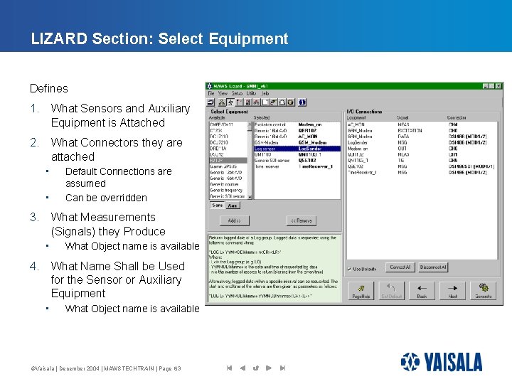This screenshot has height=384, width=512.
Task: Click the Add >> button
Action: (x=234, y=220)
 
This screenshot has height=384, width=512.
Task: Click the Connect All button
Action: (x=400, y=267)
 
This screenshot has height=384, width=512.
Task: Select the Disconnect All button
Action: (x=432, y=267)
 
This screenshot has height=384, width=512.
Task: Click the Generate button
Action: (x=483, y=291)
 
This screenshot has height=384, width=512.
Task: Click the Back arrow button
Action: (x=422, y=291)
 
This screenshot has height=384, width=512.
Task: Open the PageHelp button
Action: (x=361, y=291)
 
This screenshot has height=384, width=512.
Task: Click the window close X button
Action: (x=498, y=86)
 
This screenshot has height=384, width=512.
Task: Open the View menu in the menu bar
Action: (x=223, y=93)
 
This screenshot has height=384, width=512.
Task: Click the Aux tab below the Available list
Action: (x=233, y=205)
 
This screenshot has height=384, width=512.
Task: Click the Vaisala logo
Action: (x=441, y=362)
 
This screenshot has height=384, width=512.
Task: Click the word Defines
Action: (x=49, y=89)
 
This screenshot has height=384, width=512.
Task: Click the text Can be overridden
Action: (x=106, y=198)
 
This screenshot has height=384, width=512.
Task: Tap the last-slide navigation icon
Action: (x=282, y=368)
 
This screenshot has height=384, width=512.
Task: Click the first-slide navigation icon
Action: (x=229, y=368)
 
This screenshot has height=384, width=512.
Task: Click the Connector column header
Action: (x=457, y=118)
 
